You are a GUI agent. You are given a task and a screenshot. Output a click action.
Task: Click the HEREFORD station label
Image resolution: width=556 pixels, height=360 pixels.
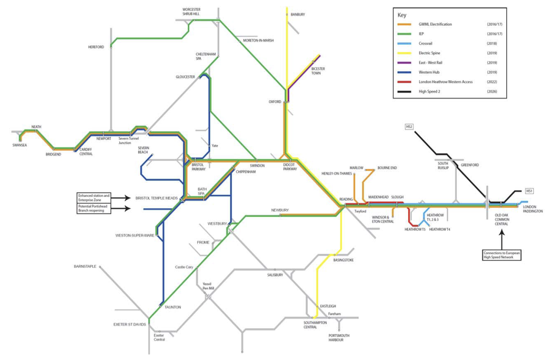click(96, 47)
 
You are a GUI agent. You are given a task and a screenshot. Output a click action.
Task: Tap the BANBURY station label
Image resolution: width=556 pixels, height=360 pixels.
click(297, 15)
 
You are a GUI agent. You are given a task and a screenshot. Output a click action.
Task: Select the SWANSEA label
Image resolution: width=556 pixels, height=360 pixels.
click(19, 145)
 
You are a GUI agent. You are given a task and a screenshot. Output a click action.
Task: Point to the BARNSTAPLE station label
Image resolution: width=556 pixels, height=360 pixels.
click(85, 266)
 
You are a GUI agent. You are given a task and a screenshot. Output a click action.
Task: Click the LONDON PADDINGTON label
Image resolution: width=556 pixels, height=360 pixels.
click(532, 209)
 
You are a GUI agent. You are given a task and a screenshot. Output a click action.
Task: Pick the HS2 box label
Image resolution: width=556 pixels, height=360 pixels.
click(409, 127)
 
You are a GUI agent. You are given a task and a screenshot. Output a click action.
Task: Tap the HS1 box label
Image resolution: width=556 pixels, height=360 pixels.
click(529, 191)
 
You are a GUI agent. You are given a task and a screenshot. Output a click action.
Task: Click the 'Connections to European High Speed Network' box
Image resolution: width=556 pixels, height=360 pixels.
click(501, 255)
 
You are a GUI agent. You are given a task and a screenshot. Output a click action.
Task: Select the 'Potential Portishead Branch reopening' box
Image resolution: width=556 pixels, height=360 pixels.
click(93, 208)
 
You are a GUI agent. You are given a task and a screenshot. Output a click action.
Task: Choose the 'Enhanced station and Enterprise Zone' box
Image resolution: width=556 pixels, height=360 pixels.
click(93, 198)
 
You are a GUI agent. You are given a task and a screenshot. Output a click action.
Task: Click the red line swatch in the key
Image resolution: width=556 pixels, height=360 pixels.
click(404, 82)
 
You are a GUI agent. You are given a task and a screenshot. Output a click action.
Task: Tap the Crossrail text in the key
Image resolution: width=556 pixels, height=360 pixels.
click(425, 43)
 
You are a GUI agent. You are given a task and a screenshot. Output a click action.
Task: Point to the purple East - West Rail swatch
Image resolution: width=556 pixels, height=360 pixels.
click(404, 63)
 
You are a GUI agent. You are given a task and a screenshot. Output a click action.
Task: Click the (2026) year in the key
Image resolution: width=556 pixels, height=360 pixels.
click(492, 91)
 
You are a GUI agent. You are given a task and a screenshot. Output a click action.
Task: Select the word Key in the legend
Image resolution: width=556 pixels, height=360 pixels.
click(402, 15)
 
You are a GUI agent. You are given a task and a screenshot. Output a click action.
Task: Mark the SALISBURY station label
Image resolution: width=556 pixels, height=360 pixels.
click(275, 275)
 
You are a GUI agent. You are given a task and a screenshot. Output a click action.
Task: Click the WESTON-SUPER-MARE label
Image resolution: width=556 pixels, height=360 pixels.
click(134, 235)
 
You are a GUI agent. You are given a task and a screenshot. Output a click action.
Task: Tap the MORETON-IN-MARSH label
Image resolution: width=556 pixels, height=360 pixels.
click(258, 40)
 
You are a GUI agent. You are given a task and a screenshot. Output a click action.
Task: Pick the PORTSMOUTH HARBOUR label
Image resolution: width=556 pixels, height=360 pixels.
click(338, 338)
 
